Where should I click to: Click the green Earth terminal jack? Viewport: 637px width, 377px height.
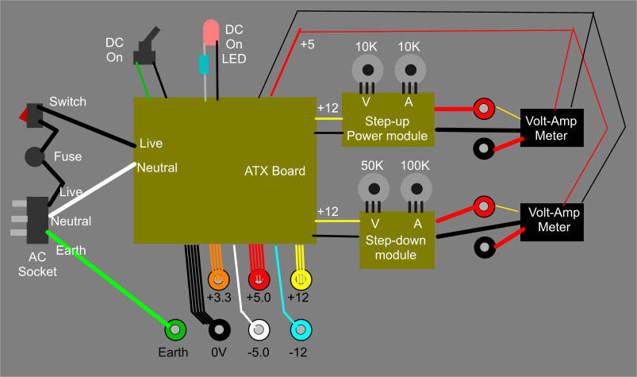(x=175, y=328)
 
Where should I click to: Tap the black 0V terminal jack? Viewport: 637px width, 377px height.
(x=218, y=328)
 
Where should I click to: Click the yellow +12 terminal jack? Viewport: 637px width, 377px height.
(x=301, y=279)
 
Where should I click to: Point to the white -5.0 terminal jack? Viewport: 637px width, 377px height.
(x=259, y=328)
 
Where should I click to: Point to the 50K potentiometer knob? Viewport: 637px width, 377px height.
(x=373, y=188)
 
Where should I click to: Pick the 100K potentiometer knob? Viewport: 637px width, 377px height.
(x=416, y=188)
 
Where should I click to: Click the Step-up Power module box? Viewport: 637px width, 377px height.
(x=387, y=120)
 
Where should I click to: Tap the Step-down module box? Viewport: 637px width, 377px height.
(x=397, y=240)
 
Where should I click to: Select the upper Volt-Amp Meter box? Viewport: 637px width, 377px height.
(x=551, y=128)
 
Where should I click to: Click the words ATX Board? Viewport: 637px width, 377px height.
(x=274, y=171)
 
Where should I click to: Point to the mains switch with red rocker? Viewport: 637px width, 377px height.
(x=32, y=116)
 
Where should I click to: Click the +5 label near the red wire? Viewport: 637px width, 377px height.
(x=307, y=44)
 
